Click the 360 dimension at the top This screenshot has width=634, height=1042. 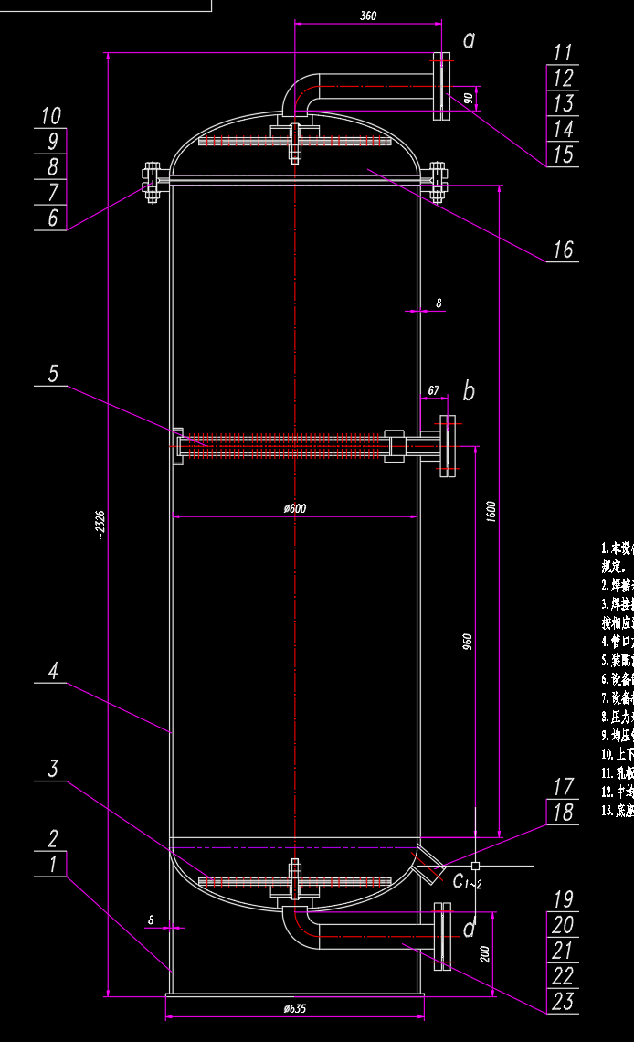[368, 16]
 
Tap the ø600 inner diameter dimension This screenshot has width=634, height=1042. [294, 508]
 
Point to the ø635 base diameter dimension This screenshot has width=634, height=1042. [294, 1008]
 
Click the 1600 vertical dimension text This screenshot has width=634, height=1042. [491, 511]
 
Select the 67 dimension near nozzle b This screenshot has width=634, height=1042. [434, 390]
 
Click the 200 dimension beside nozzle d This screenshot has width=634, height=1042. [485, 953]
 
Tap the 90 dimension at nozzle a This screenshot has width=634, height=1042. [468, 98]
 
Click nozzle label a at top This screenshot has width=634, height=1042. [469, 39]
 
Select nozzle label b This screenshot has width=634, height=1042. [469, 392]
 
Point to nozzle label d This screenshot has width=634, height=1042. [469, 930]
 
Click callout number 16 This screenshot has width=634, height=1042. [563, 249]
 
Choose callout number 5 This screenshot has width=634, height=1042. [53, 373]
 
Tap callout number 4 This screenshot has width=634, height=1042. [53, 671]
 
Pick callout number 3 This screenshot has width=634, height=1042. [53, 769]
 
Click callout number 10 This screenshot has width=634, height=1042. [51, 115]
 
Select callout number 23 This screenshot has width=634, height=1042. [563, 1001]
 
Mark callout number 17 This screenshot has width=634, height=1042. [563, 786]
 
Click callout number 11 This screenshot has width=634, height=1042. [563, 53]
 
